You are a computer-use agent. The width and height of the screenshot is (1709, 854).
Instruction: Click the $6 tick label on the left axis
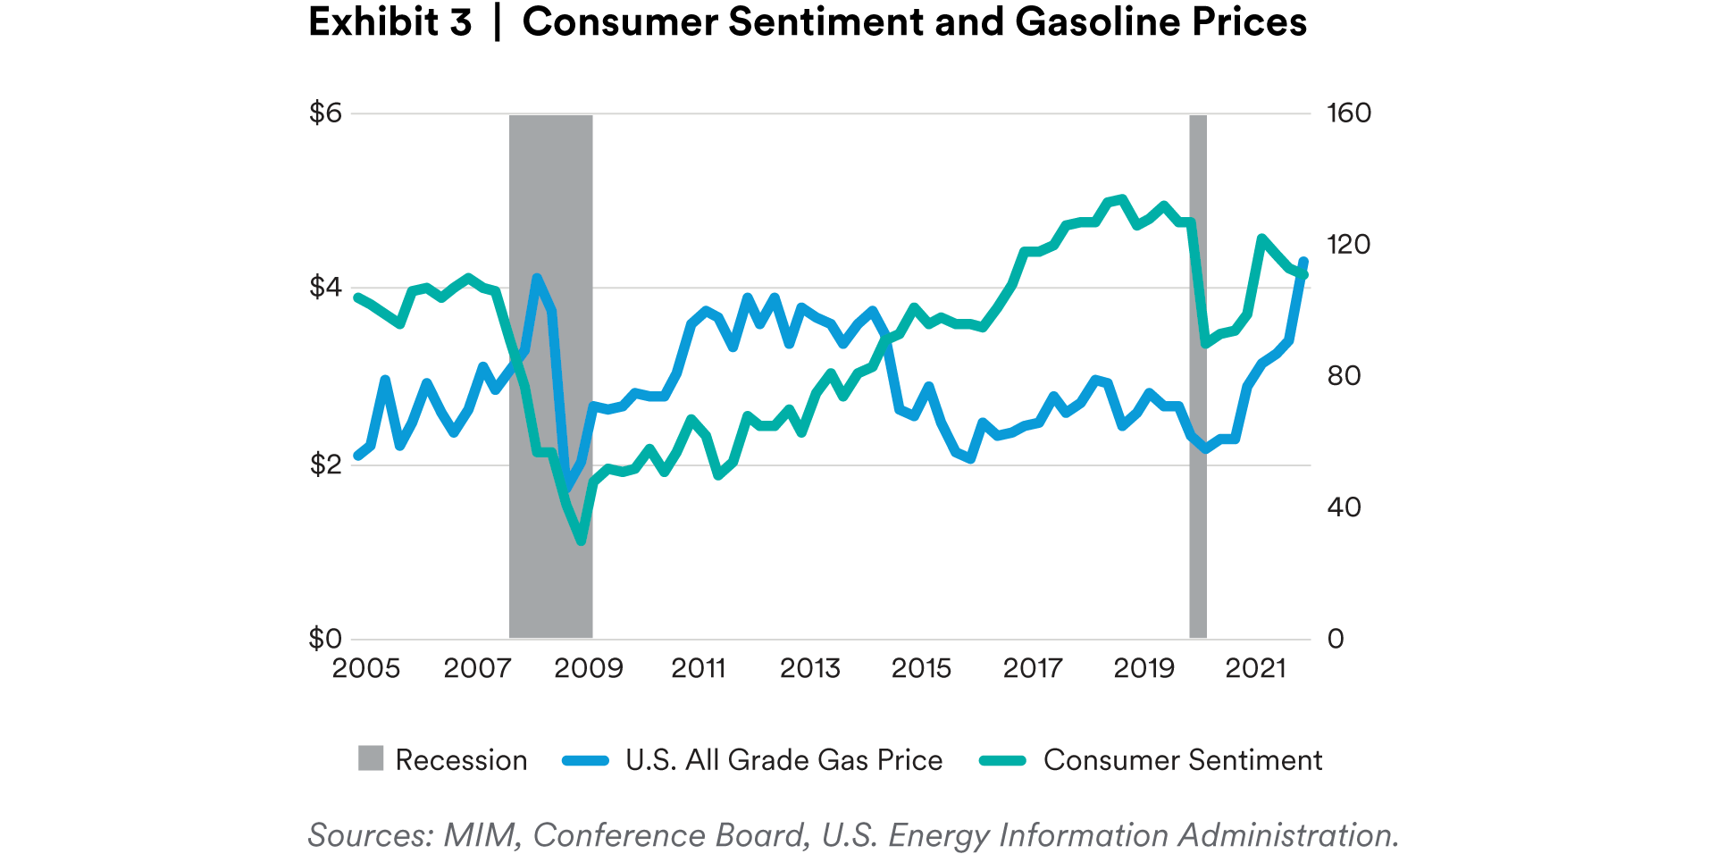point(325,113)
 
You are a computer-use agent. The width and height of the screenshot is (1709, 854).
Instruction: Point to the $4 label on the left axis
point(325,288)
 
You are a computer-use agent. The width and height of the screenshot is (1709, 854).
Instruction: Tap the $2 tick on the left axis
point(325,465)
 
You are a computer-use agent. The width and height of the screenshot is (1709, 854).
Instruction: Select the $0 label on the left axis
point(325,639)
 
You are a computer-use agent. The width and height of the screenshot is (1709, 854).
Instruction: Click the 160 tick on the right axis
point(1349,113)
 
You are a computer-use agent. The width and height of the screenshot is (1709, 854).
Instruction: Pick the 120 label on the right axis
point(1349,245)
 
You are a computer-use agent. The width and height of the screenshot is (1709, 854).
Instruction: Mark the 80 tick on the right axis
point(1344,376)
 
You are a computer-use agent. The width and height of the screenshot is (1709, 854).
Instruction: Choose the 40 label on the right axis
point(1344,507)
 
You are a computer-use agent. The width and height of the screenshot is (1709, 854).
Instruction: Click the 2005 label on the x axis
point(366,668)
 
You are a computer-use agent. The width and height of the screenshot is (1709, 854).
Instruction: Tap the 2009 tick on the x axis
point(588,668)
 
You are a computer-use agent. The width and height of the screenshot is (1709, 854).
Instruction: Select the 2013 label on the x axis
point(810,668)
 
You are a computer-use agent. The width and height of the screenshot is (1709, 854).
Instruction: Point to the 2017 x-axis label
point(1033,668)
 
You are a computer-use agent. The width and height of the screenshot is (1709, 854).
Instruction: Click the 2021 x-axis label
point(1255,668)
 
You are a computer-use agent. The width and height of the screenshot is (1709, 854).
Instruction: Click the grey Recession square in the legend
point(371,758)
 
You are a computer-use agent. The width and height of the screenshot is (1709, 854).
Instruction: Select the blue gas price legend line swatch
point(585,760)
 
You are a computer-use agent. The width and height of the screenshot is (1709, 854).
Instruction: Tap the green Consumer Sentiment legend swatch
point(1002,760)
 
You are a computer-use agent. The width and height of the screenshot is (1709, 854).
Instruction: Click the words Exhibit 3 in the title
point(390,22)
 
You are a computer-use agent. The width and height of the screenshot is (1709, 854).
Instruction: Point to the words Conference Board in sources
point(671,835)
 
